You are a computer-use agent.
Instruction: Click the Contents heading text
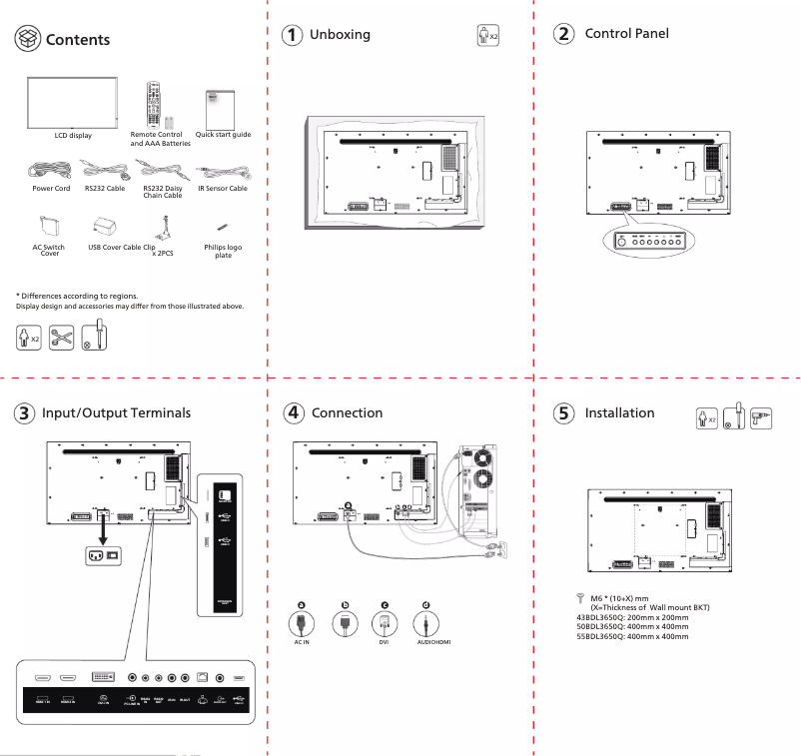(x=78, y=40)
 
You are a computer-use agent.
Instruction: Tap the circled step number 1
(x=291, y=35)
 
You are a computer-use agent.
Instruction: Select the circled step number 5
(x=564, y=413)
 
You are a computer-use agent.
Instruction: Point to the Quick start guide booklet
(x=220, y=106)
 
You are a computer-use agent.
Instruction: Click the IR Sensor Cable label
(x=223, y=188)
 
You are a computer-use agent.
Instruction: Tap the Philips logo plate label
(x=223, y=251)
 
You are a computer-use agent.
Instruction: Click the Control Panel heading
(x=626, y=34)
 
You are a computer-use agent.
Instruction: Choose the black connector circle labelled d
(x=425, y=605)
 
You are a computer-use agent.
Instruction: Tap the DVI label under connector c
(x=384, y=642)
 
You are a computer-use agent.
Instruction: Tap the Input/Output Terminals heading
(x=116, y=413)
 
